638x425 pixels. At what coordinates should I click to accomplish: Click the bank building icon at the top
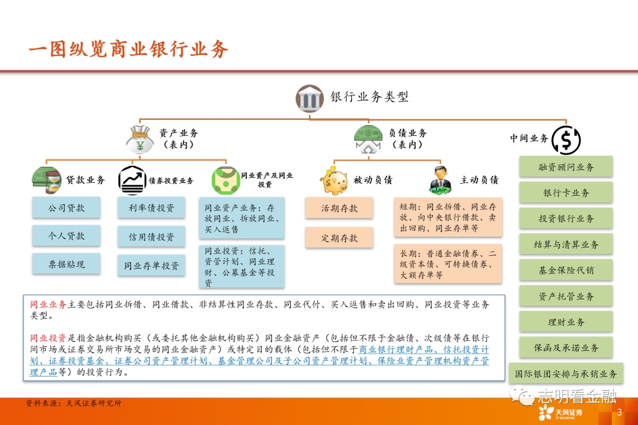(x=310, y=99)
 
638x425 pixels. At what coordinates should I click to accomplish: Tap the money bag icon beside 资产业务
(x=140, y=139)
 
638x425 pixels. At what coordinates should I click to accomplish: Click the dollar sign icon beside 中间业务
(x=566, y=140)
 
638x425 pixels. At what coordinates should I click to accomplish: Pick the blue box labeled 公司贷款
(x=66, y=208)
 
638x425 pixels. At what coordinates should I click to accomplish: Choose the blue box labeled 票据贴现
(x=66, y=264)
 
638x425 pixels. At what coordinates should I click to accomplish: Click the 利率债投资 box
(x=151, y=208)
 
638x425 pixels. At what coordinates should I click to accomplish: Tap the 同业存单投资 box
(x=151, y=266)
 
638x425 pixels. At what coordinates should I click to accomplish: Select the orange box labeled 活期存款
(x=339, y=208)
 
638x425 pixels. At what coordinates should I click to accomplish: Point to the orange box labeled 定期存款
(x=339, y=238)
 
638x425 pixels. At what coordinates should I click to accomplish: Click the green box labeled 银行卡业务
(x=566, y=192)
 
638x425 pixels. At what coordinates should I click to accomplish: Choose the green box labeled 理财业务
(x=566, y=322)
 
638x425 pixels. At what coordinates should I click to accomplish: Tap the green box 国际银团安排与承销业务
(x=566, y=373)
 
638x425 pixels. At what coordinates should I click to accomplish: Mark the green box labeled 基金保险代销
(x=566, y=270)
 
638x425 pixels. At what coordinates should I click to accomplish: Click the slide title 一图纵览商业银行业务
(x=128, y=49)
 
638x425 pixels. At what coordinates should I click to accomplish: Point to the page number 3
(x=619, y=412)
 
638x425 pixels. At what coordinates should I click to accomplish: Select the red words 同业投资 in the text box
(x=48, y=338)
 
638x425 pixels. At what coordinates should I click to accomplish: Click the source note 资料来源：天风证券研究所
(x=74, y=403)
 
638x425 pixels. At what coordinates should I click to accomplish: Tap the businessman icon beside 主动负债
(x=441, y=180)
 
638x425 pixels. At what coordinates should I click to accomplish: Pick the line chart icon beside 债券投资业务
(x=132, y=180)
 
